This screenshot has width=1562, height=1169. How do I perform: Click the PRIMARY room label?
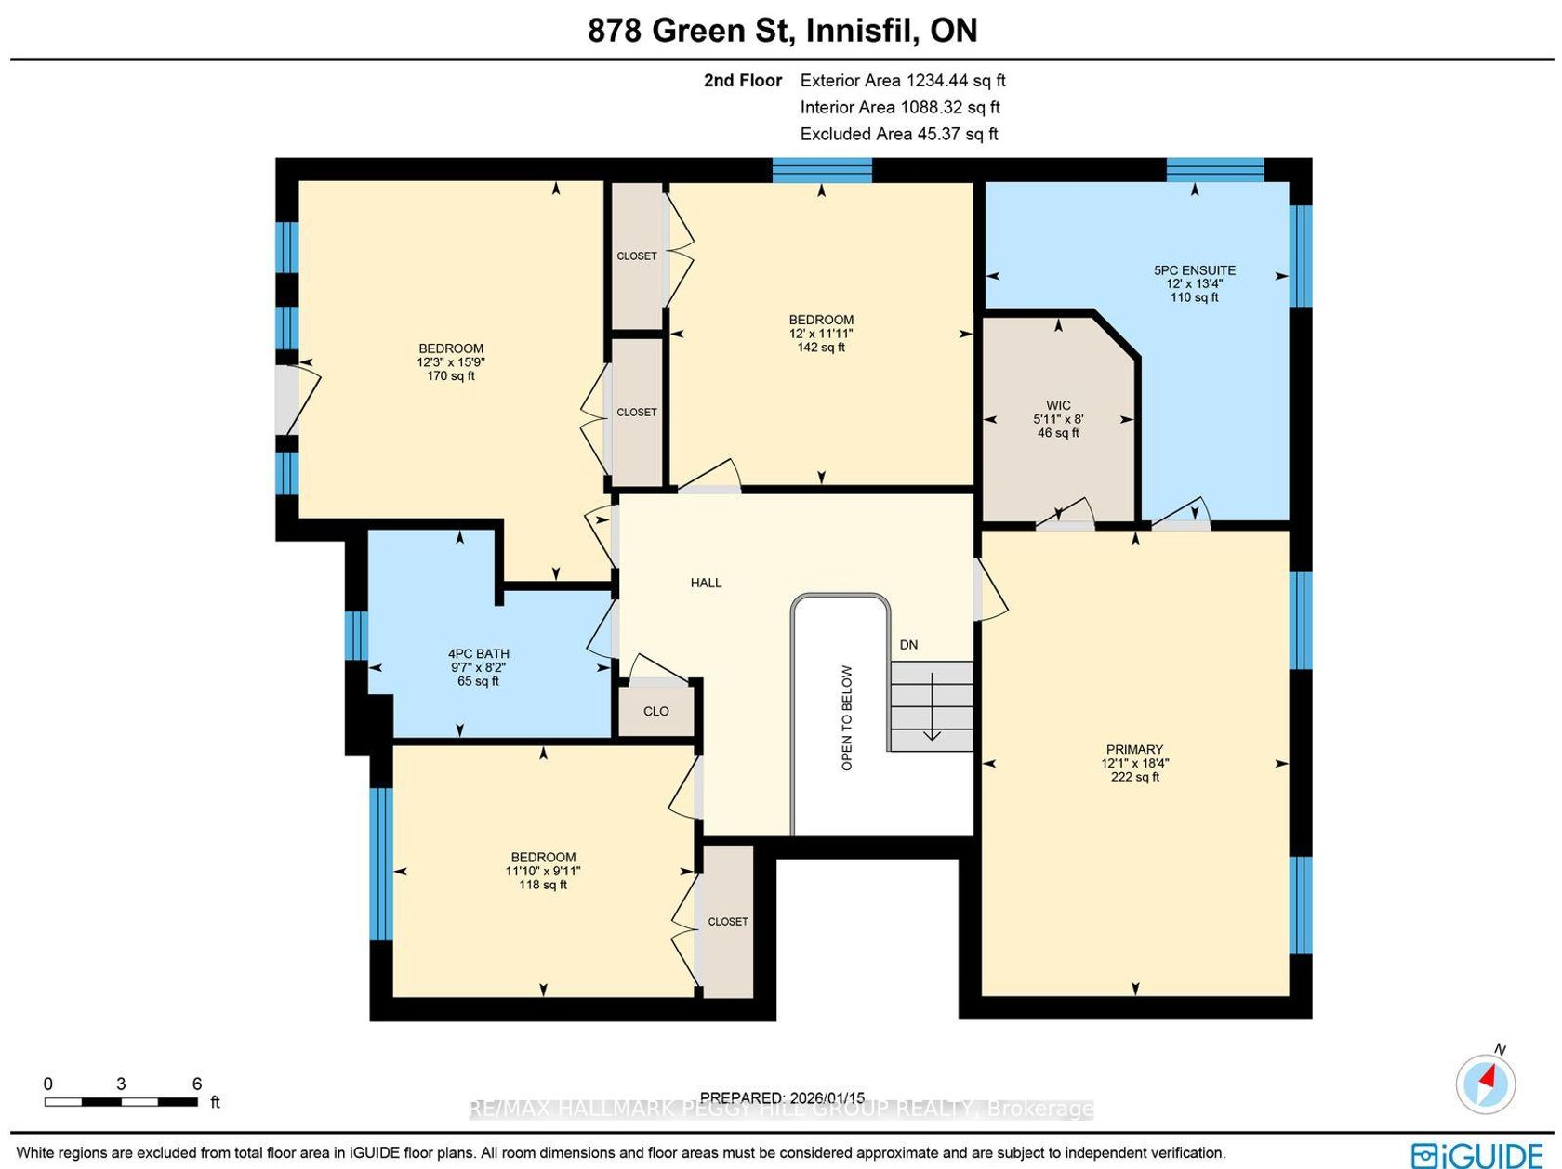1134,749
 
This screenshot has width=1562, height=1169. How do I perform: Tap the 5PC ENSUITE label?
1194,270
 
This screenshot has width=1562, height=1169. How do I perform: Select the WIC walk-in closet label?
1058,405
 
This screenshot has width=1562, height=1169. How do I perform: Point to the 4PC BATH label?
478,653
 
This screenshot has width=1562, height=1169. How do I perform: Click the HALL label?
706,583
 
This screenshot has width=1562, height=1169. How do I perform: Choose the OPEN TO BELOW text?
847,717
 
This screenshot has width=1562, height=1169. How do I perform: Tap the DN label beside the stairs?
908,644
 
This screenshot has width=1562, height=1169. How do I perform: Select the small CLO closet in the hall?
656,710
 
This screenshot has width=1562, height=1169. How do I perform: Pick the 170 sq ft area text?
450,375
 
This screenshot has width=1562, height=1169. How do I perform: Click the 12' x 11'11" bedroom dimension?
821,333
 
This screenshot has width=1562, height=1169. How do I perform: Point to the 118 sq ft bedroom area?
543,885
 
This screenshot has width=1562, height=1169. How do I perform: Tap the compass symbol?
1486,1084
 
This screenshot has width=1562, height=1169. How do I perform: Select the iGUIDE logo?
1476,1155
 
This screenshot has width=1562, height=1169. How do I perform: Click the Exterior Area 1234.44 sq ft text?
903,80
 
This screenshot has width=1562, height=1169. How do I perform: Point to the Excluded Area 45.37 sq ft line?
899,134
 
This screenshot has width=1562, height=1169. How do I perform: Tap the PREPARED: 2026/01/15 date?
782,1097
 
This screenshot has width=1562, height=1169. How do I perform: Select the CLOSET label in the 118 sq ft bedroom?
728,921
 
